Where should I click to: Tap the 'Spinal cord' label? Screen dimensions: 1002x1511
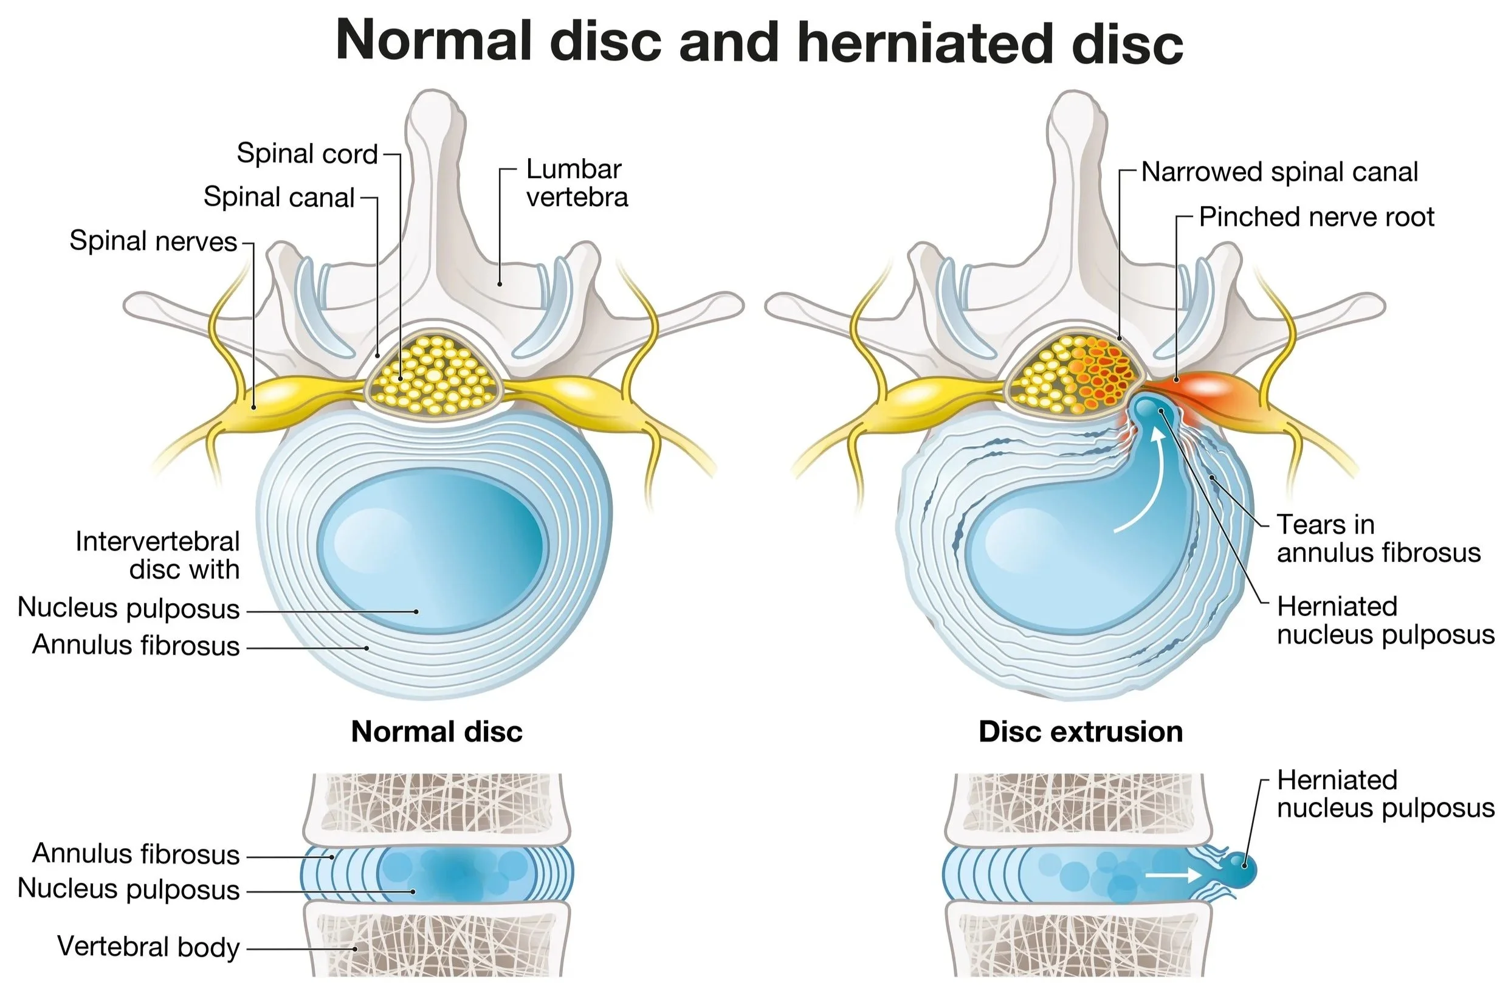pyautogui.click(x=307, y=154)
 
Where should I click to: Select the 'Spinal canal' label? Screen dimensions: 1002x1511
pyautogui.click(x=278, y=198)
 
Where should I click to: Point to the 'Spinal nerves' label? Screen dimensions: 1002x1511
pyautogui.click(x=153, y=241)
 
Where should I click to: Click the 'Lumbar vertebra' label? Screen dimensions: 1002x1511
pyautogui.click(x=576, y=184)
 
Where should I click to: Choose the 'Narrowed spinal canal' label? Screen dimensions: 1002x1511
pyautogui.click(x=1279, y=173)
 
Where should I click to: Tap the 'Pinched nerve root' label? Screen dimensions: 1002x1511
pyautogui.click(x=1317, y=218)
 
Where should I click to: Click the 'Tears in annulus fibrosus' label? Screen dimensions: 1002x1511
pyautogui.click(x=1378, y=539)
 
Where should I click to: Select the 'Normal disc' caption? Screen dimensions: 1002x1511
pyautogui.click(x=437, y=731)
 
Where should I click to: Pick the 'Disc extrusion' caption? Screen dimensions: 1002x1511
pyautogui.click(x=1081, y=731)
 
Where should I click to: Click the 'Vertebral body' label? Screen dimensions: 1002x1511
pyautogui.click(x=148, y=947)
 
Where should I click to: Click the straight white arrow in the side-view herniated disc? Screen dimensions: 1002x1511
pyautogui.click(x=1174, y=874)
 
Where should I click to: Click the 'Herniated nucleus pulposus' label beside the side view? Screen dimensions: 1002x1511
pyautogui.click(x=1385, y=794)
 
